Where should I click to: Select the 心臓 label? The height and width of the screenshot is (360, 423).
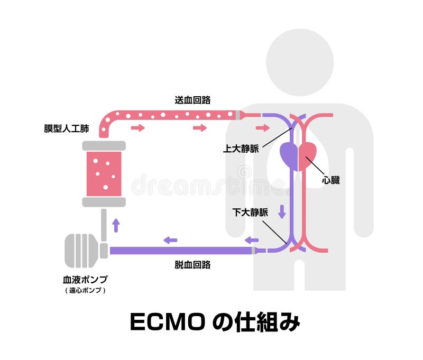click(x=331, y=180)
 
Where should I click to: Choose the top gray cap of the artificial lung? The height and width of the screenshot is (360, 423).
click(x=104, y=145)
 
